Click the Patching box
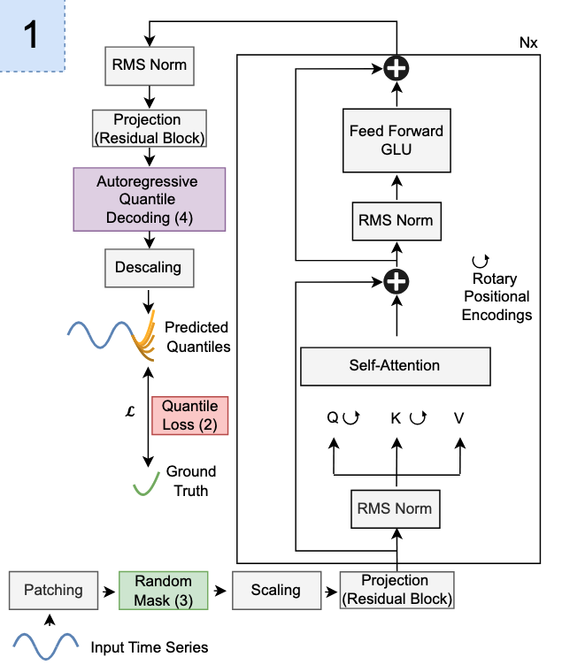point(54,590)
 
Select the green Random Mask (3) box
point(164,590)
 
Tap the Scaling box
point(277,590)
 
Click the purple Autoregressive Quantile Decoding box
point(150,199)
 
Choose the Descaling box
point(150,268)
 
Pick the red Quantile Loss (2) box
point(190,416)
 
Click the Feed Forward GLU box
point(396,141)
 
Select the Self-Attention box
point(396,366)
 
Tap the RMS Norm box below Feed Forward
point(396,221)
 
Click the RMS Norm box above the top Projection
point(150,65)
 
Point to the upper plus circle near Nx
point(396,69)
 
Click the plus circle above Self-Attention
point(396,281)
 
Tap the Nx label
point(528,42)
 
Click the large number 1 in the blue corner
point(31,34)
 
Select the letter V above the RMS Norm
point(459,418)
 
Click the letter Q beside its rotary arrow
point(333,417)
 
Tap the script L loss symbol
point(130,412)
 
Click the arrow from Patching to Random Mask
point(109,592)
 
